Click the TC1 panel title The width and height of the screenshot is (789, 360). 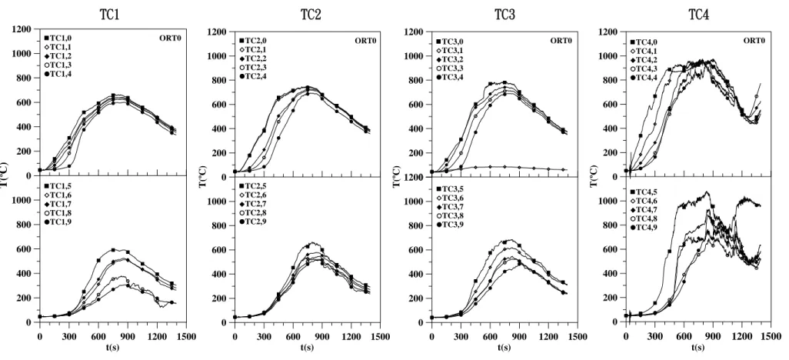click(110, 15)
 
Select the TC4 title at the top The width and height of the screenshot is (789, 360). click(699, 15)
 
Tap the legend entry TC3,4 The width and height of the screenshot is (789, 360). click(449, 76)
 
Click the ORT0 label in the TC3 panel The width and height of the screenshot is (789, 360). click(560, 40)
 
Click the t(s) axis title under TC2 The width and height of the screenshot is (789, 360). click(307, 348)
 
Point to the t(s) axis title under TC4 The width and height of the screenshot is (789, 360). click(698, 348)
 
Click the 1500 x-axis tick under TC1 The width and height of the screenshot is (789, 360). click(186, 337)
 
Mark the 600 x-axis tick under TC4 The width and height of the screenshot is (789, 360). click(684, 336)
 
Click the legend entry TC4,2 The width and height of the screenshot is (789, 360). click(643, 60)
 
